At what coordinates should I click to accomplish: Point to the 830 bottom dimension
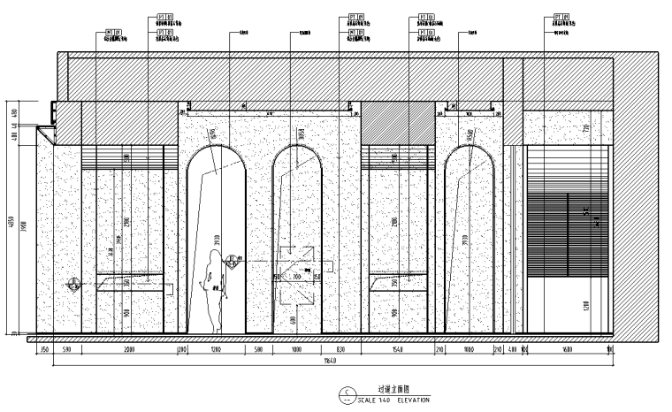[340, 350]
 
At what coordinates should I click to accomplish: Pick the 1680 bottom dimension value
[566, 350]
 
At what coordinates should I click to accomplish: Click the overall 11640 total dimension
[328, 361]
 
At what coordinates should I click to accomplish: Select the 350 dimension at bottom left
[42, 350]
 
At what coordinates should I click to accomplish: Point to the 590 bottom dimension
[65, 350]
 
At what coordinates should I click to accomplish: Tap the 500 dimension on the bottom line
[259, 350]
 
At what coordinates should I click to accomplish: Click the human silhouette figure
[213, 292]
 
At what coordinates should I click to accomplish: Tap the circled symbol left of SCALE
[347, 394]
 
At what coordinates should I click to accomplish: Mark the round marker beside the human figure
[233, 260]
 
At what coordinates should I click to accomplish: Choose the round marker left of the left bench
[73, 284]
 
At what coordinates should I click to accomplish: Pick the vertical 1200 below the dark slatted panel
[584, 305]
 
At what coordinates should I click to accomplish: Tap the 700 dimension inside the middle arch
[298, 277]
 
